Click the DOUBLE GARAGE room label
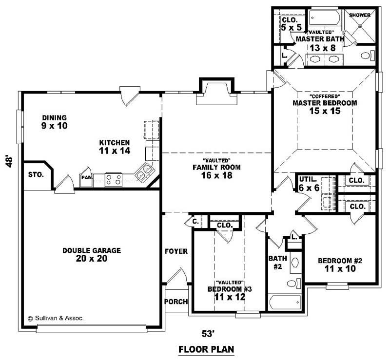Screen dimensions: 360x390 [x=92, y=250]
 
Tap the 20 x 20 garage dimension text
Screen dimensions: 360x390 [x=92, y=259]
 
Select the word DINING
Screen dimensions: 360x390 [x=54, y=118]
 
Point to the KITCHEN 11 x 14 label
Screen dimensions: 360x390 [x=115, y=147]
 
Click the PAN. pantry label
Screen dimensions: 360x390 [x=87, y=178]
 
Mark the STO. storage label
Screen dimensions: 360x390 [x=36, y=174]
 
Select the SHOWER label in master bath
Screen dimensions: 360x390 [x=360, y=15]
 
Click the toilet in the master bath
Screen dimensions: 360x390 [x=367, y=56]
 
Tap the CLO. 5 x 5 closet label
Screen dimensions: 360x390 [x=290, y=24]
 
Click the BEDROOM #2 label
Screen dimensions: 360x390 [x=340, y=261]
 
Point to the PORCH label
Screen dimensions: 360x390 [x=176, y=302]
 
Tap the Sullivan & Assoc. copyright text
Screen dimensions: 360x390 [x=56, y=318]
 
